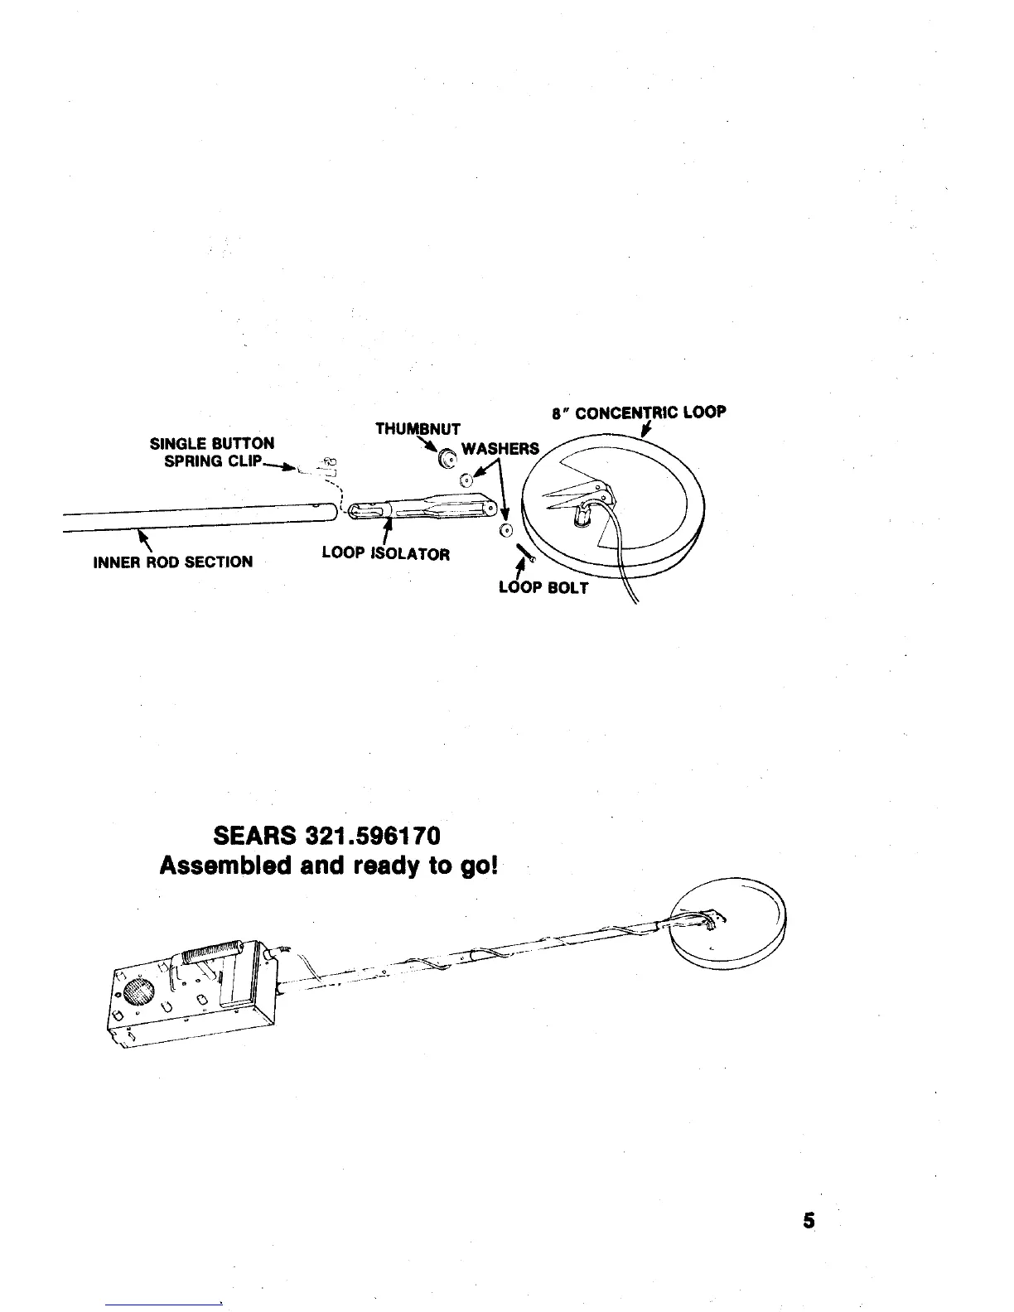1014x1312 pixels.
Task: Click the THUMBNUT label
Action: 418,429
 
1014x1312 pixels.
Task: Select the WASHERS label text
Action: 500,449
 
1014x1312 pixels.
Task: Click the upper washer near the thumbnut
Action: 466,480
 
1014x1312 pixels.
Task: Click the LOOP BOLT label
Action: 543,587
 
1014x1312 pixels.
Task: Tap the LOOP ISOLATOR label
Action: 385,553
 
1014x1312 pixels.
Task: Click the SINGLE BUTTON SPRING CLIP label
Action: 212,452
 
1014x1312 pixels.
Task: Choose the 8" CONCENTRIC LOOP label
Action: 638,412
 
